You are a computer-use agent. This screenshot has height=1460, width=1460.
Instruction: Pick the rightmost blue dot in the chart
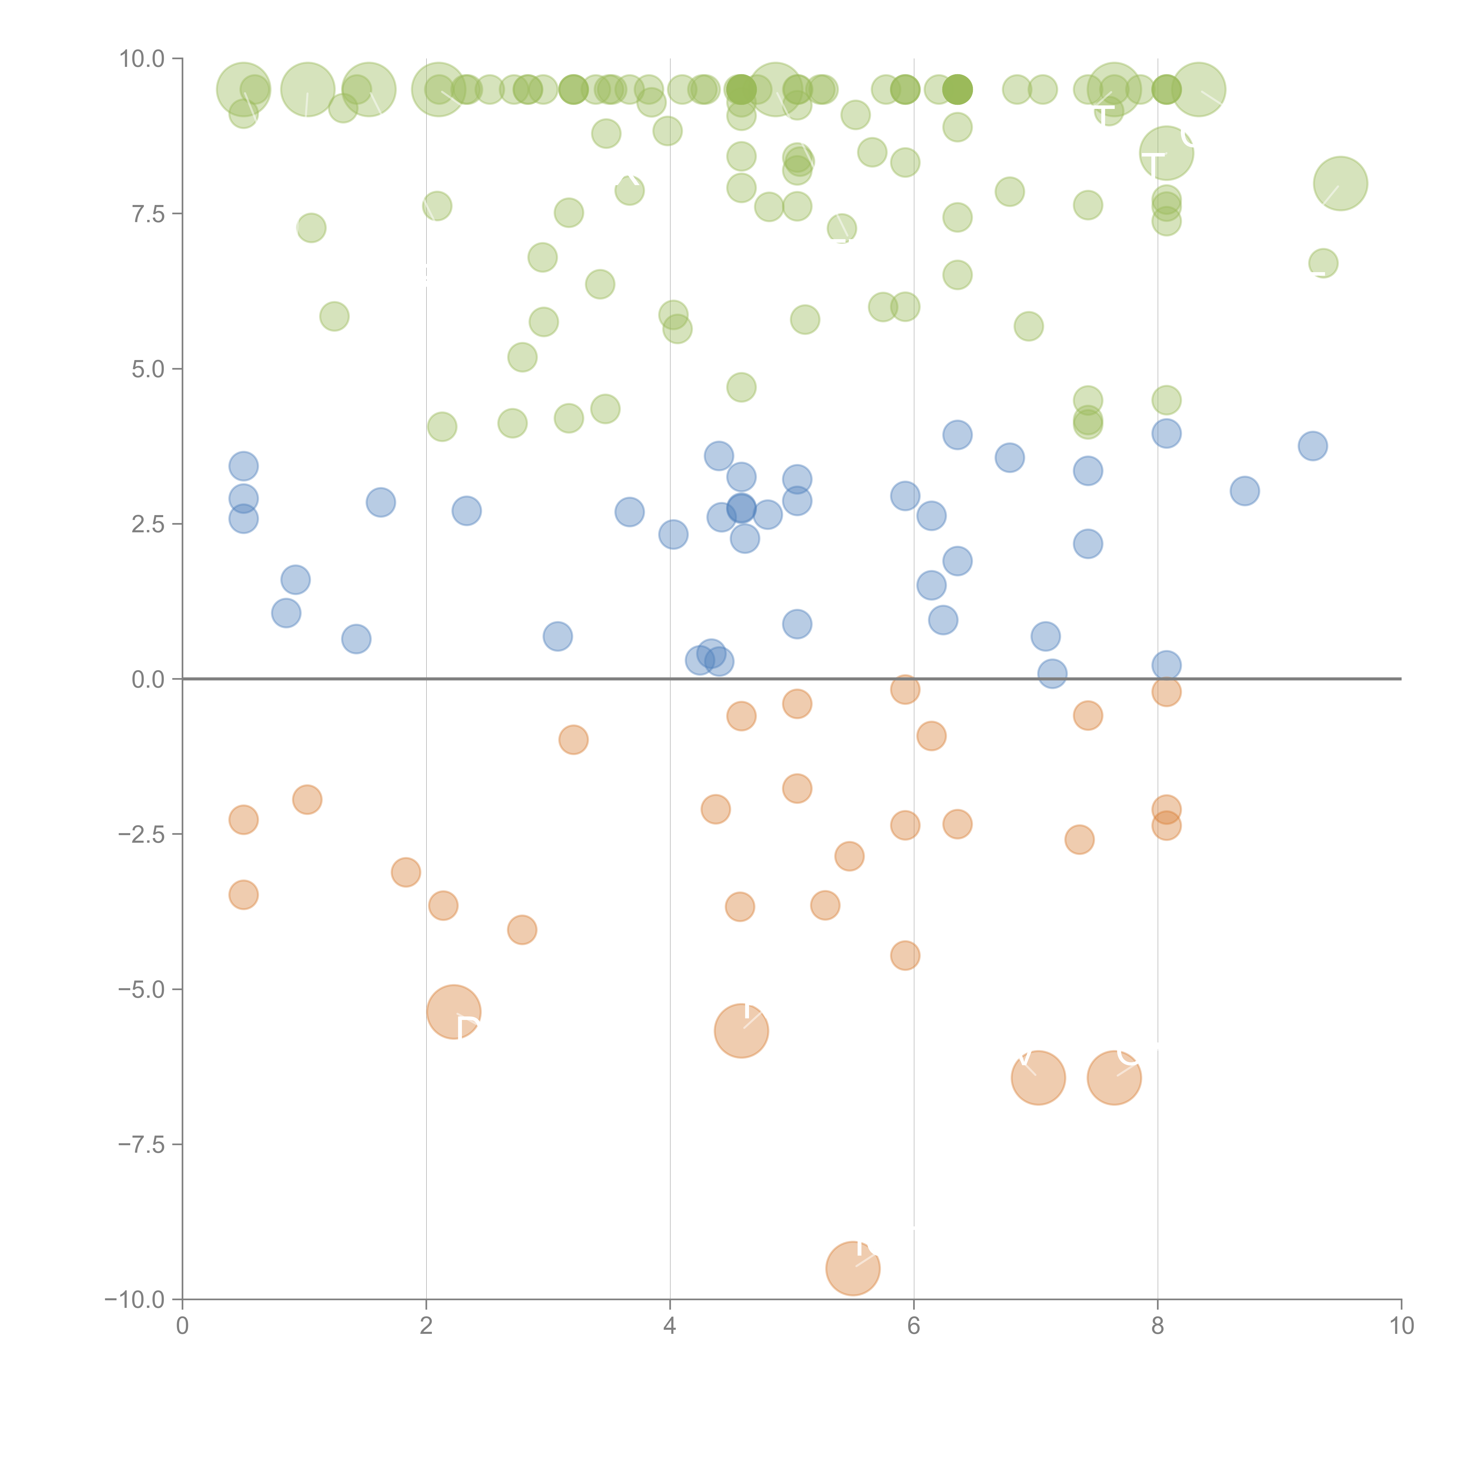[1313, 446]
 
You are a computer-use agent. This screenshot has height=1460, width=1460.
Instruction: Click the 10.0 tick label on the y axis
[142, 59]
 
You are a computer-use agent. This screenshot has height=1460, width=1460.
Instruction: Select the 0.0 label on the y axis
[148, 679]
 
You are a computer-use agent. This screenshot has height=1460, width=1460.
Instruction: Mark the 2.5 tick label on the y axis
[148, 524]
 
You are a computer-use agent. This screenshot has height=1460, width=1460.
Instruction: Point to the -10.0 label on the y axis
[135, 1299]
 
